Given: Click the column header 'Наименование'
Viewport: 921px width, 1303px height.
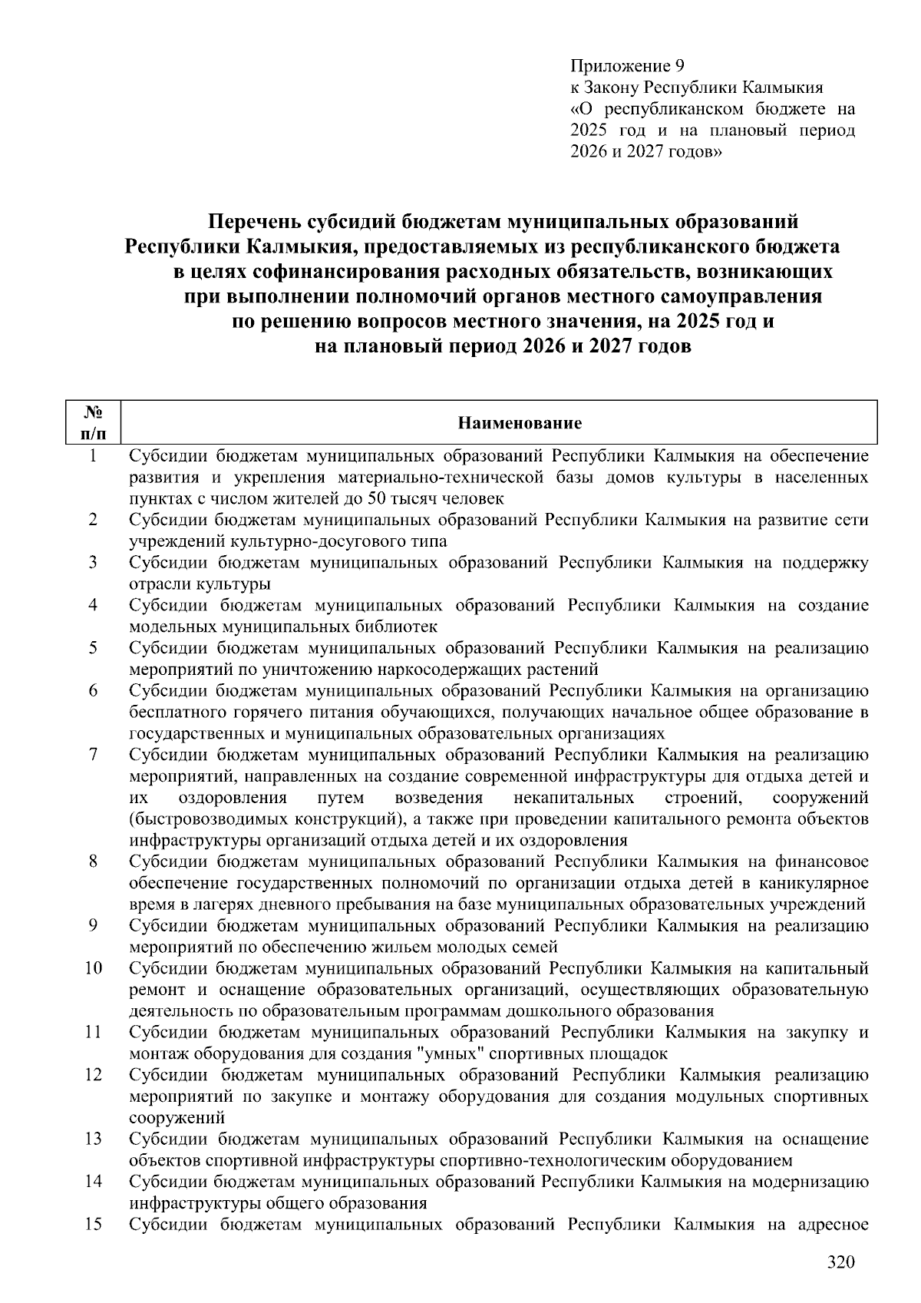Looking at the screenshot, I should pos(520,423).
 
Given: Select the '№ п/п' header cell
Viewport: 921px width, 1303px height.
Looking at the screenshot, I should pos(93,423).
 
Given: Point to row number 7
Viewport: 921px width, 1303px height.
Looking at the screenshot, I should pos(93,755).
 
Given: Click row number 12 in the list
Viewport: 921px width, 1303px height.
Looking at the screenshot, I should pos(93,1075).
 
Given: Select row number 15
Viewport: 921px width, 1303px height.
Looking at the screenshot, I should pos(93,1224).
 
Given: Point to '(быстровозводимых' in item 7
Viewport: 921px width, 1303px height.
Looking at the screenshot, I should pos(193,819).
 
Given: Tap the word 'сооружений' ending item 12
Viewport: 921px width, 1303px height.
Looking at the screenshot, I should pos(177,1117).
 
